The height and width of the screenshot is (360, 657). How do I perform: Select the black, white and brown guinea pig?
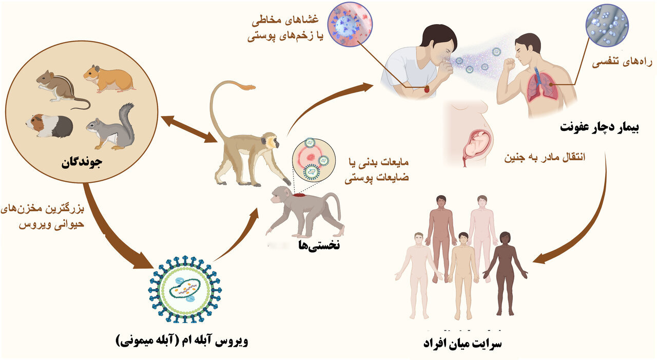click(49, 126)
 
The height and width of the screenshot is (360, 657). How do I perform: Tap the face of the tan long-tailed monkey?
click(270, 140)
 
